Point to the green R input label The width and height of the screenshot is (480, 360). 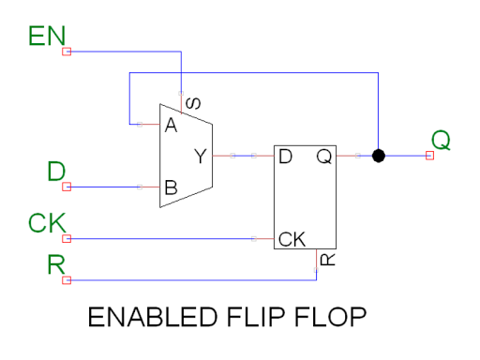(x=58, y=263)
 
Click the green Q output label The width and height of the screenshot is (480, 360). (x=440, y=141)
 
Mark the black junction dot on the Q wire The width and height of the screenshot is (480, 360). (x=379, y=156)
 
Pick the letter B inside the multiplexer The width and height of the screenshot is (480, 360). (x=171, y=187)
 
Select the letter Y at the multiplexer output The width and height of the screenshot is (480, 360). (x=201, y=157)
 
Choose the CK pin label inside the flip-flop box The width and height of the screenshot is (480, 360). (x=292, y=239)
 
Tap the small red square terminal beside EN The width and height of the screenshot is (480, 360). (x=66, y=52)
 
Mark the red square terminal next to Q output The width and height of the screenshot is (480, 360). (x=429, y=156)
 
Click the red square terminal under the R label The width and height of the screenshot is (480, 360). (x=66, y=279)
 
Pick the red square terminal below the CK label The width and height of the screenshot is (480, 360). (x=66, y=239)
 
